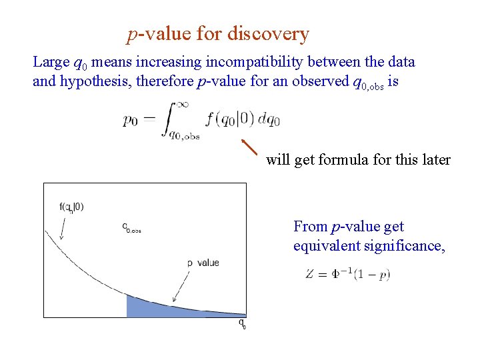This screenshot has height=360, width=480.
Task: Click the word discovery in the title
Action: coord(268,33)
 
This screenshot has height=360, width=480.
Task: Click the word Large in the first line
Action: coord(51,63)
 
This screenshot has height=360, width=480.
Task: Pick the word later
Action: coord(435,160)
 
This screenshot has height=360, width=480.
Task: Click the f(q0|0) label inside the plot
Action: coord(71,207)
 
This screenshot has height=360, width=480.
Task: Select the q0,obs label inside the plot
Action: coord(132,228)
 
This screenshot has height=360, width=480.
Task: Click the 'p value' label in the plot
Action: coord(203,263)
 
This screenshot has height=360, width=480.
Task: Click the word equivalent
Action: coord(325,247)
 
